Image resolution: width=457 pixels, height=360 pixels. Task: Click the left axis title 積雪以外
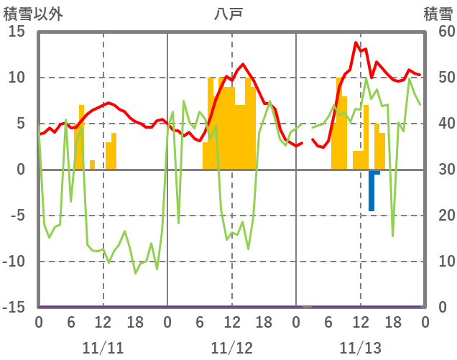(33, 14)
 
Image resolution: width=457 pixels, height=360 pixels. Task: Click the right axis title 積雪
(438, 14)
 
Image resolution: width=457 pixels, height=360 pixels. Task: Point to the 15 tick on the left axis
(16, 32)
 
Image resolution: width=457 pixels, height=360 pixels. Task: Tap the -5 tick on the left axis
(16, 216)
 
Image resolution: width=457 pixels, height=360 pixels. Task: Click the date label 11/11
(103, 349)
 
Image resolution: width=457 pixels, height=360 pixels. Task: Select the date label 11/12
(231, 349)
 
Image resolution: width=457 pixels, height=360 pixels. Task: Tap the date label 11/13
(360, 349)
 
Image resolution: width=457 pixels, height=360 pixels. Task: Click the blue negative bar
(371, 191)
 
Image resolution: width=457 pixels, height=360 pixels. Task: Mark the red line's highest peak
(356, 42)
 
